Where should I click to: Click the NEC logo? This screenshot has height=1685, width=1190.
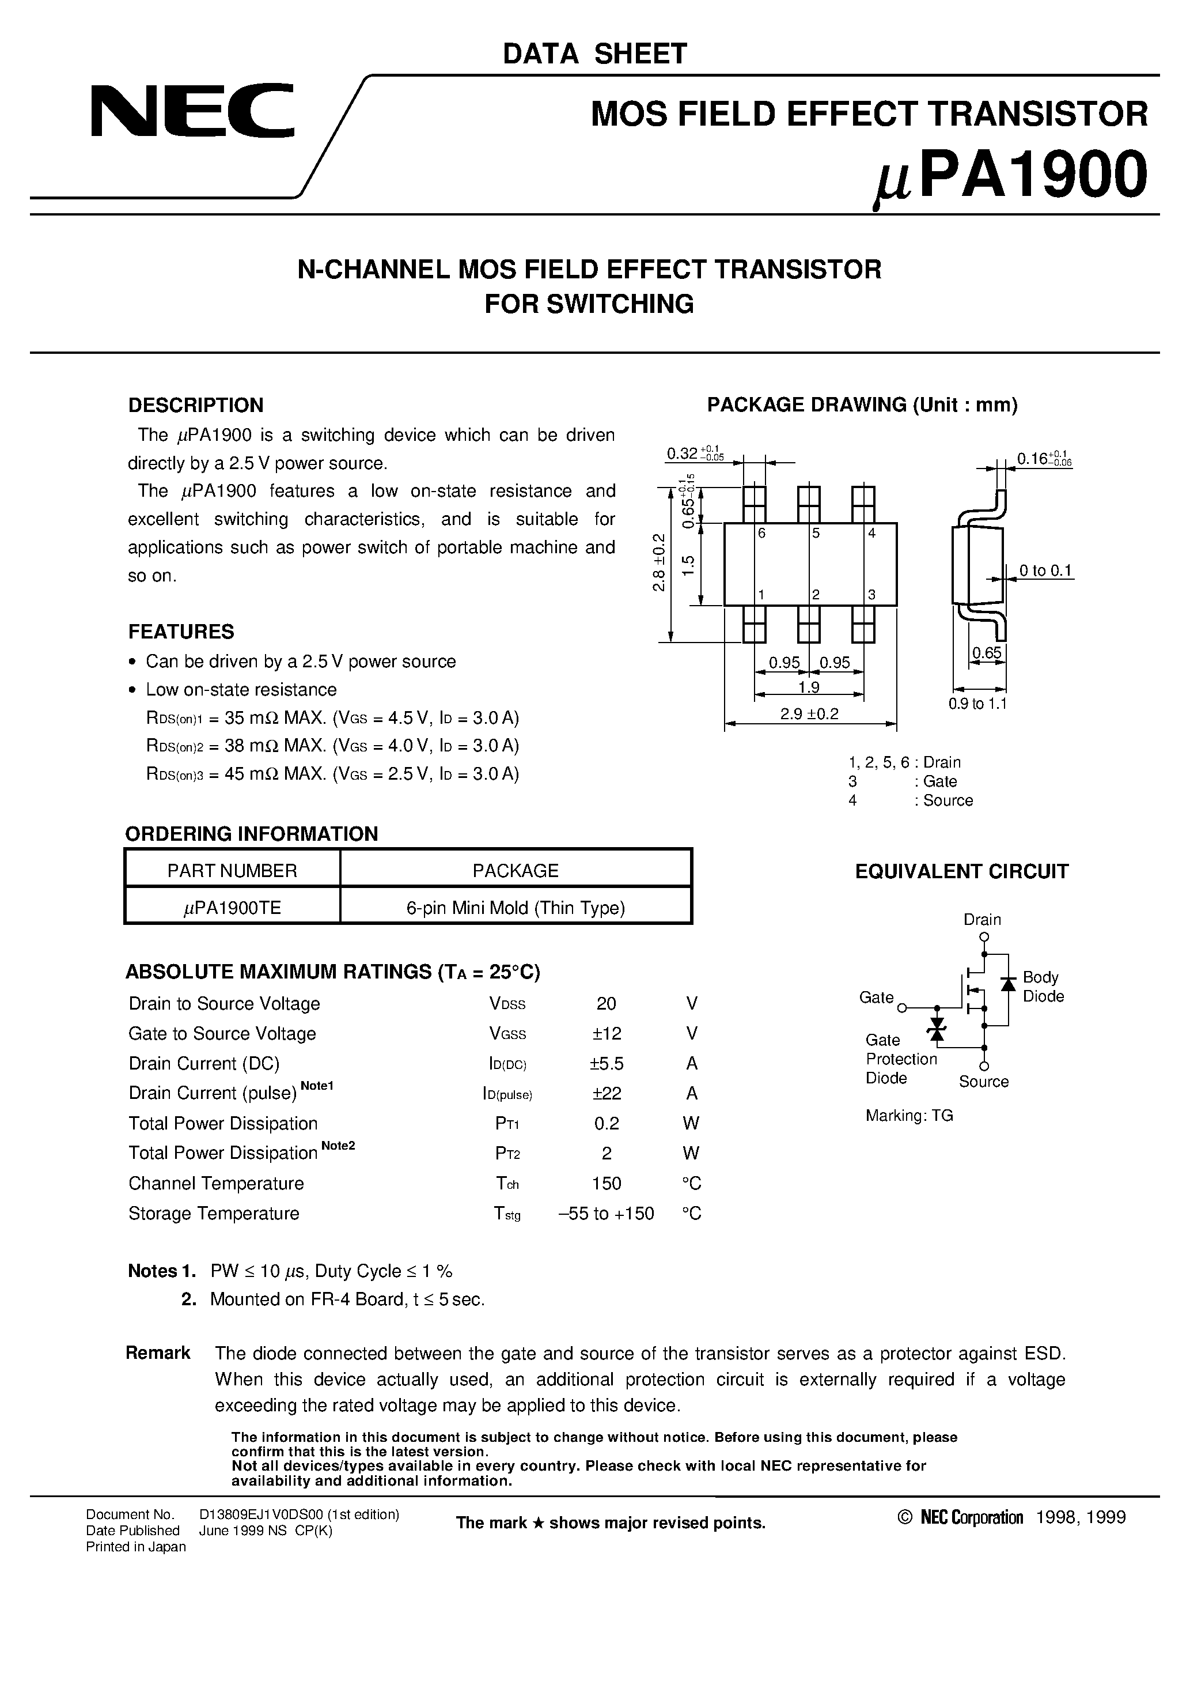192,112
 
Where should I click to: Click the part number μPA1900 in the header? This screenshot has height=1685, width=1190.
1011,177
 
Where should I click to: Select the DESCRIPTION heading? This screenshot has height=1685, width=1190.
195,405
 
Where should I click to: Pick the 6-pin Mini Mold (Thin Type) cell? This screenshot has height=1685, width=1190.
515,908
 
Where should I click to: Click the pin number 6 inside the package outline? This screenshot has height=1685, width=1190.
761,534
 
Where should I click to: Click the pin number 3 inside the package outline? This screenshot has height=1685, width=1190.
871,595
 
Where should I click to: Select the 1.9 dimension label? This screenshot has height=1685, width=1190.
809,687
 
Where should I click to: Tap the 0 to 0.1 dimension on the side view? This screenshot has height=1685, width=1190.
1045,571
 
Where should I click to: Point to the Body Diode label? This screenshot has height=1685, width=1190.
1043,987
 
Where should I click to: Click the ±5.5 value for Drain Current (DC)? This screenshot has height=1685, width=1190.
606,1063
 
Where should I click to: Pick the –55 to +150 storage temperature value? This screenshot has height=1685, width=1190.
606,1213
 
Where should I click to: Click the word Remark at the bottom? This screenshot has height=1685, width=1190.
158,1352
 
